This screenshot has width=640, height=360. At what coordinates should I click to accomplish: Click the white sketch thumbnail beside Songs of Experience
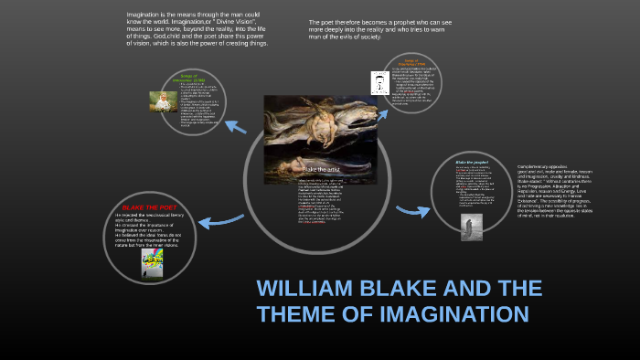pyautogui.click(x=378, y=84)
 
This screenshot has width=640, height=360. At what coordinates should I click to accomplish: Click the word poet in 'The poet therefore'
pyautogui.click(x=331, y=22)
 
